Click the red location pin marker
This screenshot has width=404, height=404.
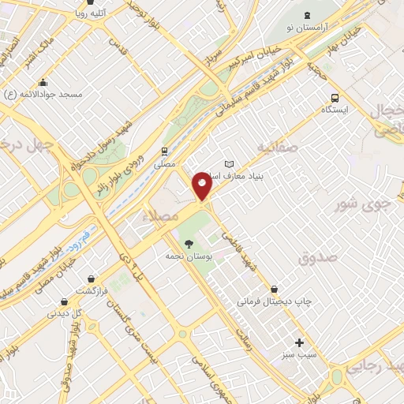pos(202,185)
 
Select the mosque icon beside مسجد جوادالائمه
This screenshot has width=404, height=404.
pos(43,83)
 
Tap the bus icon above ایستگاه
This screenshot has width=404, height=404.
pos(335,99)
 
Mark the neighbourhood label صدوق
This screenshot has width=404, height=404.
pos(318,257)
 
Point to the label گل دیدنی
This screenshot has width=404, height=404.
pos(65,313)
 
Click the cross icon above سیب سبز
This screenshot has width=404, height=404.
pos(299,342)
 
